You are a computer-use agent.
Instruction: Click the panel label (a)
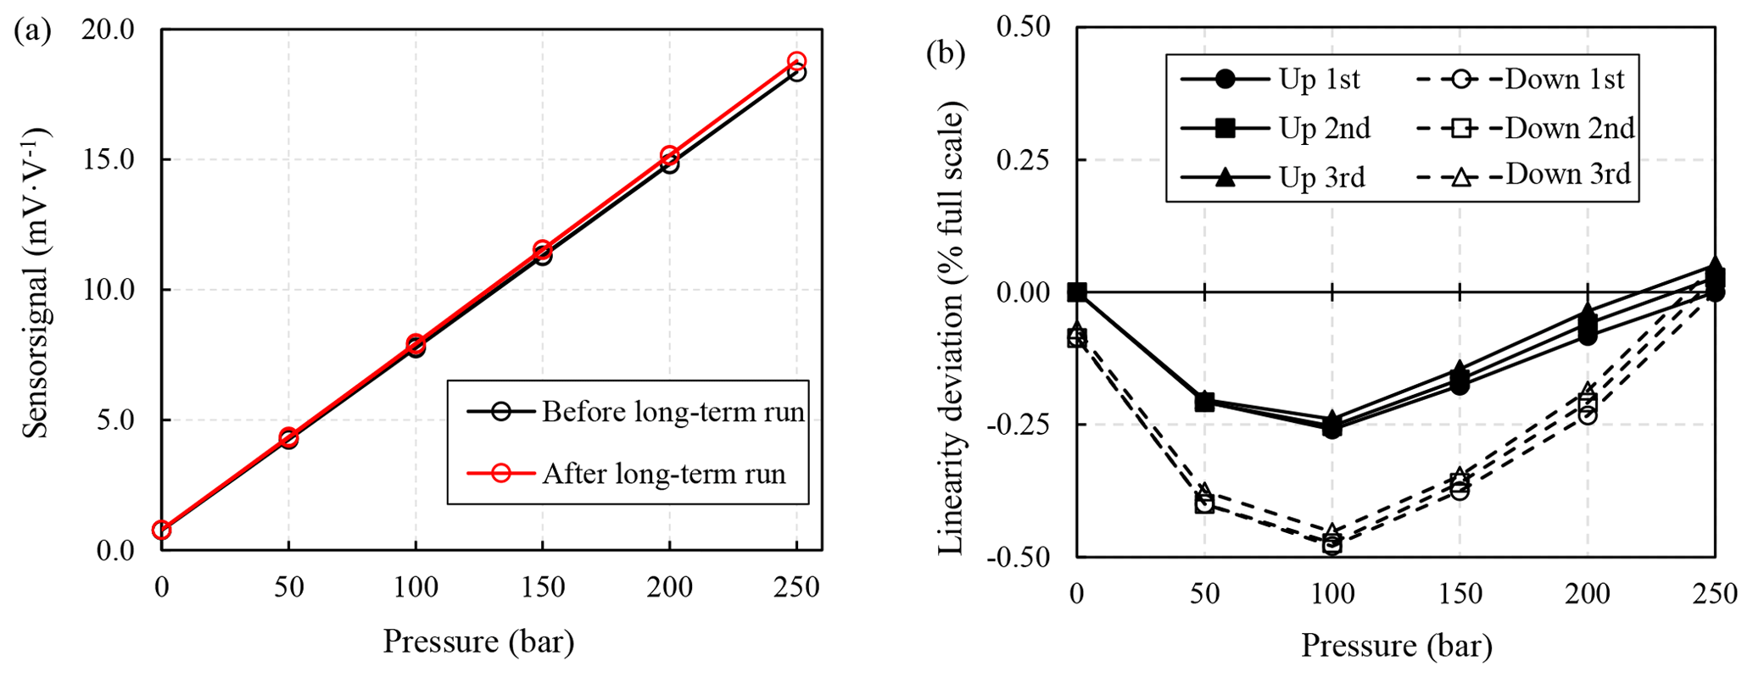[x=33, y=31]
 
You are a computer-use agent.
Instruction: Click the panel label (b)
[x=945, y=53]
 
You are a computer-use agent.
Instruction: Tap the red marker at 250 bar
[x=796, y=62]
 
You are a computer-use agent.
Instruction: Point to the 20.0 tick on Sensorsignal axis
[x=108, y=30]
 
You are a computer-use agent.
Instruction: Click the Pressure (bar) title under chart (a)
[x=478, y=642]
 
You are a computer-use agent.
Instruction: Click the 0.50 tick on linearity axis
[x=1022, y=28]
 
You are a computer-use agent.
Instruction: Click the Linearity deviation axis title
[x=952, y=329]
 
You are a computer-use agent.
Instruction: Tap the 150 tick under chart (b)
[x=1459, y=594]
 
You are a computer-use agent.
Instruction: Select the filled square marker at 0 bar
[x=1077, y=292]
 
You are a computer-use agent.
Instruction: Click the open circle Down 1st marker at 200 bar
[x=1587, y=415]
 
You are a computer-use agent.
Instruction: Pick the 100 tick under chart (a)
[x=416, y=587]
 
